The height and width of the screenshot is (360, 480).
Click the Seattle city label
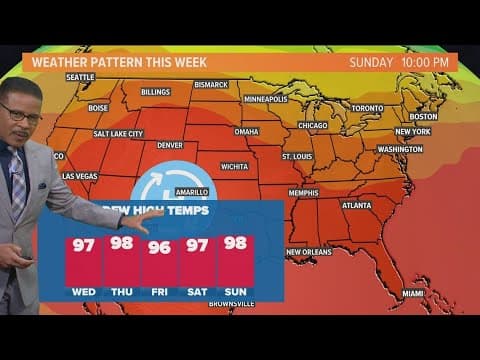coord(80,77)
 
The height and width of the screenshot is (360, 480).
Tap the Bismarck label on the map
coord(212,85)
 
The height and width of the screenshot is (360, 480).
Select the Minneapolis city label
coord(265,99)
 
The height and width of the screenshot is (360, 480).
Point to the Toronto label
coord(367,107)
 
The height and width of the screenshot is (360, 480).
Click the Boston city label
coord(424,117)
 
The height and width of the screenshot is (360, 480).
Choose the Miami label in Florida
coord(413,293)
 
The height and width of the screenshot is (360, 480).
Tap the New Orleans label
coord(308,252)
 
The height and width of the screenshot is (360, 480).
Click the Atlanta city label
coord(356,205)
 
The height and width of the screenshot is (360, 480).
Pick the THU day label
coord(120,292)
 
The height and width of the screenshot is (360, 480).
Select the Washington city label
coord(400,149)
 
